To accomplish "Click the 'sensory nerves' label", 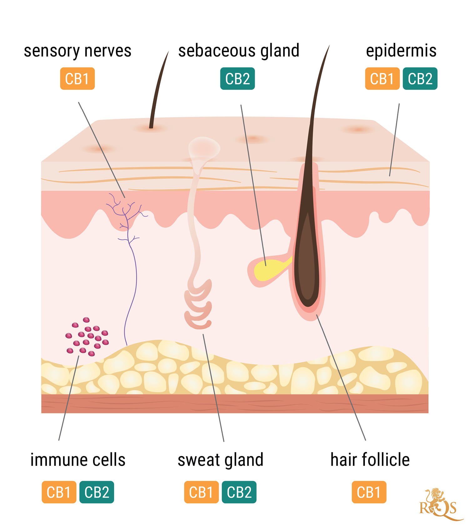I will point(78,51).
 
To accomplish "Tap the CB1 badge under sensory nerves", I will point(77,79).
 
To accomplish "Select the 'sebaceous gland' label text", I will point(239,51).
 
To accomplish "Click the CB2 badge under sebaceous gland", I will point(237,79).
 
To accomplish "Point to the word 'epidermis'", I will point(401,51).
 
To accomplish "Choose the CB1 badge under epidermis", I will point(382,79).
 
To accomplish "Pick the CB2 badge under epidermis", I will point(420,79).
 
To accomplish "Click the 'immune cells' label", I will point(78,460).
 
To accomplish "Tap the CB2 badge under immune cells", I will point(97,492).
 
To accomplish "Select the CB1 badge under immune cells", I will point(59,492).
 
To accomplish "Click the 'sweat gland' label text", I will point(220,460).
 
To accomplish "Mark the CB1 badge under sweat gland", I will point(201,492).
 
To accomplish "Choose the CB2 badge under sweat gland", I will point(239,492).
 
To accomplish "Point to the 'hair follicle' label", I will point(370,460).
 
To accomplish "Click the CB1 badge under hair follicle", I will point(369,492).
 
